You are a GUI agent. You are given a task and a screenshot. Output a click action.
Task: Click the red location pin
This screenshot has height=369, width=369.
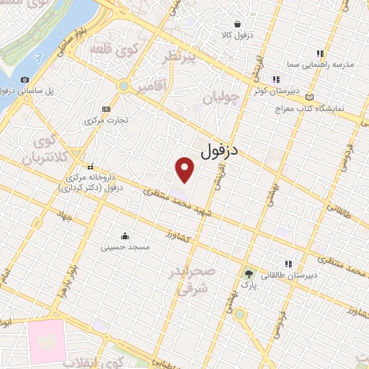pos(186,169)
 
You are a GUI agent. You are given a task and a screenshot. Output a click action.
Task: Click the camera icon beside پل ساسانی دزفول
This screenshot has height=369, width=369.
pos(25,79)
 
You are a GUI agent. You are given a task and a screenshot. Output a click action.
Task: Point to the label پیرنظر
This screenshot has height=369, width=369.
pos(178,57)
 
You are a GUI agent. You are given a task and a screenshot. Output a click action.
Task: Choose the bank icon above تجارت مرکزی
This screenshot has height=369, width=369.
pos(107,108)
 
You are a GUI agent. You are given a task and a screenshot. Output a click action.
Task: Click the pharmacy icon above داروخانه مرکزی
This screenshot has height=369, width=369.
pos(90,166)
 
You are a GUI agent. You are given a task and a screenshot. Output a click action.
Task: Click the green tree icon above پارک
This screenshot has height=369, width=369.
pos(249,274)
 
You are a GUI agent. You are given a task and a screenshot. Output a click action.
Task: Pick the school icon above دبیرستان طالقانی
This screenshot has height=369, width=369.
pos(289,263)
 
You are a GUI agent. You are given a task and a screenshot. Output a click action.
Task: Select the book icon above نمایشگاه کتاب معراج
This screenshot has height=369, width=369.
pos(311,97)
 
